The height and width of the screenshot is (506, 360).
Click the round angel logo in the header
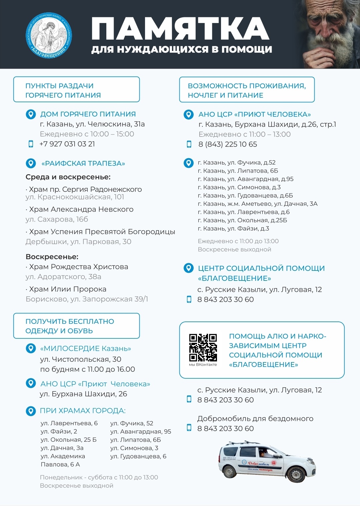[49, 35]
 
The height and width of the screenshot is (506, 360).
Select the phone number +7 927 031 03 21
[67, 144]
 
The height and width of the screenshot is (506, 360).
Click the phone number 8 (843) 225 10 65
[228, 144]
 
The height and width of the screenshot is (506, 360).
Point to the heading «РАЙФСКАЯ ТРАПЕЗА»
[83, 164]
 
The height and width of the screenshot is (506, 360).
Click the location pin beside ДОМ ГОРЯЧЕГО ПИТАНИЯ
[31, 114]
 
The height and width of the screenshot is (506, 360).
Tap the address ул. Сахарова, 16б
[57, 219]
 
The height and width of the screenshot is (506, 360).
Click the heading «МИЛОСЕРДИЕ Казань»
[85, 348]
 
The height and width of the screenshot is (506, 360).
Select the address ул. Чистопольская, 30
[80, 359]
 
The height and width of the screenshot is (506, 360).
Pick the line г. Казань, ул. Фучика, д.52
[237, 163]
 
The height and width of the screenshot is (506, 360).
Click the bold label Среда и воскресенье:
[68, 177]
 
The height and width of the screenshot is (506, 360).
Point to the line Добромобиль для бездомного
[255, 418]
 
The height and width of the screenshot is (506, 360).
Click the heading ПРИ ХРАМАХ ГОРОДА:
[83, 411]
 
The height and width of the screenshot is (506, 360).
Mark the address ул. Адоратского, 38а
[63, 276]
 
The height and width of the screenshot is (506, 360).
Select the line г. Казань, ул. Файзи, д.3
[233, 229]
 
